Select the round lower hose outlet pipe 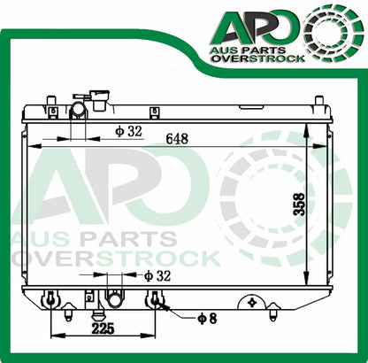tap(115, 300)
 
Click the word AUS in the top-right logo tap(226, 45)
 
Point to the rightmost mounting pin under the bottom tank tap(274, 311)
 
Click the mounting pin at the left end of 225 tap(53, 302)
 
